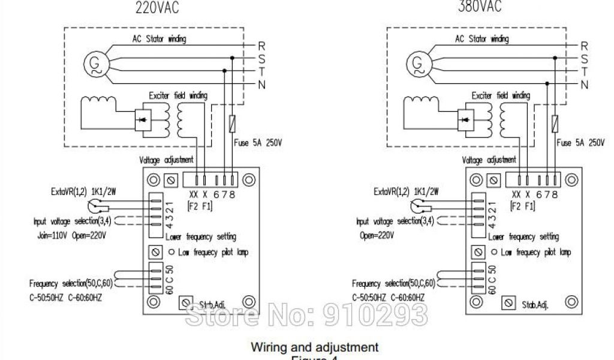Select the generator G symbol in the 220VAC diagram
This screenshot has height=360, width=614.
pos(94,63)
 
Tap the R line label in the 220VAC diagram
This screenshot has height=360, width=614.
pos(261,46)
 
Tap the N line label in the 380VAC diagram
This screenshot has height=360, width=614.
pos(584,84)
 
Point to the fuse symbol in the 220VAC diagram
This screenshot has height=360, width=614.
pos(232,124)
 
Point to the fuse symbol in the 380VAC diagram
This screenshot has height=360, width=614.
pos(555,124)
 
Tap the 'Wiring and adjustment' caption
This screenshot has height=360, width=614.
pos(314,347)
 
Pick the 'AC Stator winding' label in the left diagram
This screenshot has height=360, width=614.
pos(159,39)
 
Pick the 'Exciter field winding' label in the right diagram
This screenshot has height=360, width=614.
pos(501,95)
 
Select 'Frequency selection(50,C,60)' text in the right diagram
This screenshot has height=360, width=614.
pos(393,283)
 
